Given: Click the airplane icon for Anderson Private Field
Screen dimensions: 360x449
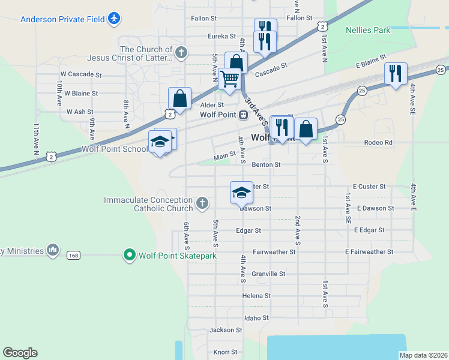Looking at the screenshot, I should [114, 19].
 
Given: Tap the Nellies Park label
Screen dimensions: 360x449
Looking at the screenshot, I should [368, 30].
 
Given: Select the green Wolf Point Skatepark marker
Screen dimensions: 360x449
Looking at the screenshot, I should [129, 256].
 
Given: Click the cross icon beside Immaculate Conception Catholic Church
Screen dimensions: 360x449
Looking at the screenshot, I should [202, 203].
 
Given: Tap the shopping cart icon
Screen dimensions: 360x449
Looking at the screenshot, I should [230, 79].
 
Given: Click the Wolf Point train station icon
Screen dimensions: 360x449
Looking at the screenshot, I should [244, 115].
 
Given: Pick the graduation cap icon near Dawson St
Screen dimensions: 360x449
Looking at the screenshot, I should [241, 193].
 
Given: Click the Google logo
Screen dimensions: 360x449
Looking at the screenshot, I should [20, 353].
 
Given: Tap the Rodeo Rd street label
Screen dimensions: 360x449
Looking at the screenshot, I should [378, 143].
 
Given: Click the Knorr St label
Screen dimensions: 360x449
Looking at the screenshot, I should [226, 352].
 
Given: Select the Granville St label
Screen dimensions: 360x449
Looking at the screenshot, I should [268, 274].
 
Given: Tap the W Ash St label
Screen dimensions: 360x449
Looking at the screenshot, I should [80, 112].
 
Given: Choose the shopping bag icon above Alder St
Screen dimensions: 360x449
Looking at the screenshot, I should [179, 98].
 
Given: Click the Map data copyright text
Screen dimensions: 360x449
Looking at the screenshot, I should [423, 355].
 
